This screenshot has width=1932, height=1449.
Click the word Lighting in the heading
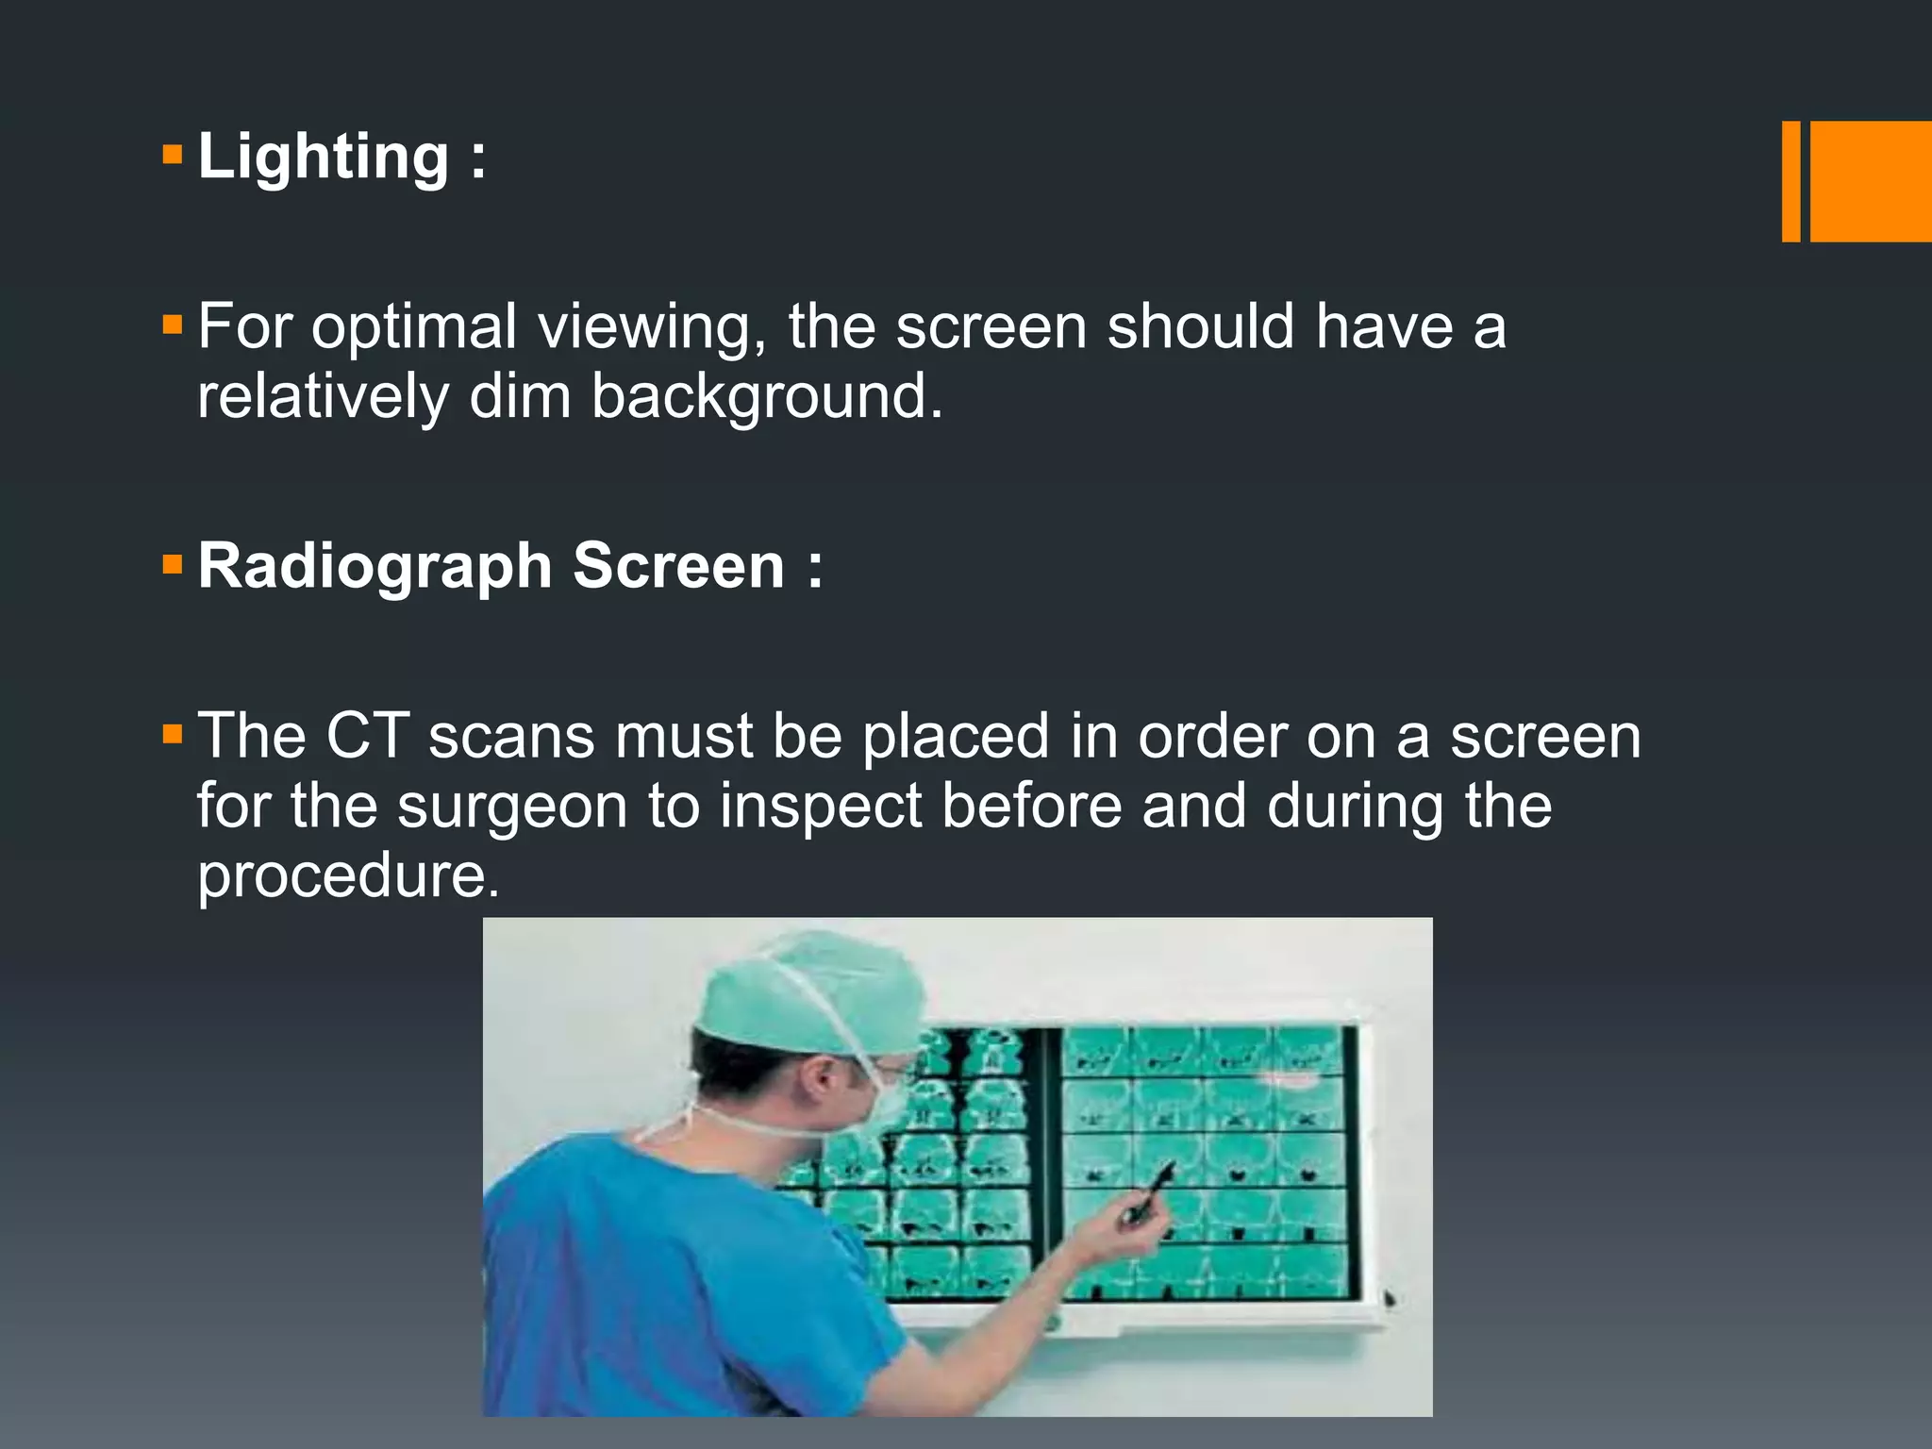324,158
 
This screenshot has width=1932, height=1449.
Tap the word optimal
414,327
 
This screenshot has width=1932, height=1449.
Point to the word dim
520,396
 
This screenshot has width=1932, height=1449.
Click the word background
766,396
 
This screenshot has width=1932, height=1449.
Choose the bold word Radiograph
375,568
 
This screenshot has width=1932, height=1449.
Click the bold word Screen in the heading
679,566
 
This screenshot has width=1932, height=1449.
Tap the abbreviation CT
367,736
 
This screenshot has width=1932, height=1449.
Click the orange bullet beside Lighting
172,155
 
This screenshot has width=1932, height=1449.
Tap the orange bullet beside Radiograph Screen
172,565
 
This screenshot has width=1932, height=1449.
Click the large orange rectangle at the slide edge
1870,181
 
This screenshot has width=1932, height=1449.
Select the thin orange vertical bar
1790,181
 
